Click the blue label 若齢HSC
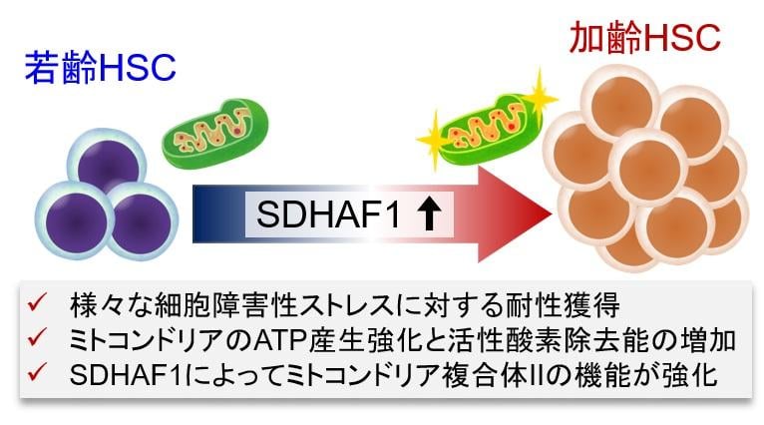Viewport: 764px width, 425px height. (x=102, y=69)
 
